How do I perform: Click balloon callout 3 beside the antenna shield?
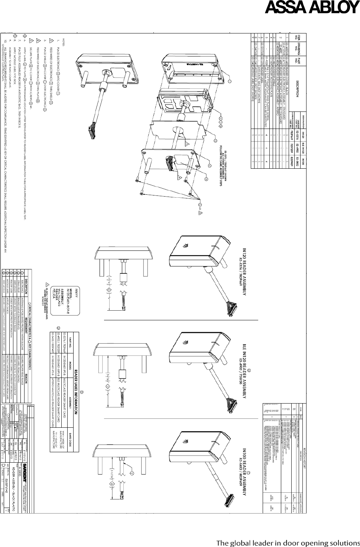[x=215, y=141]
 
